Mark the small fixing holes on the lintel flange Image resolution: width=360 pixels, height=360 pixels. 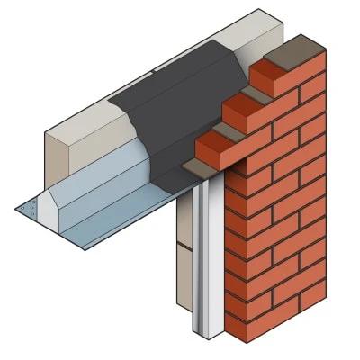click(x=31, y=208)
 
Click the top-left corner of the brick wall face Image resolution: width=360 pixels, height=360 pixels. click(x=224, y=172)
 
